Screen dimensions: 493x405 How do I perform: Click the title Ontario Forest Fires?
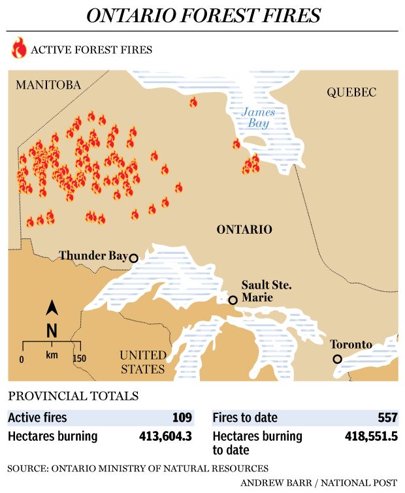pyautogui.click(x=203, y=15)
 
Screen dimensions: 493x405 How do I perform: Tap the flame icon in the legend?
pyautogui.click(x=20, y=49)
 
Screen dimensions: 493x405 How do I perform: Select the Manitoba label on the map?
pyautogui.click(x=48, y=86)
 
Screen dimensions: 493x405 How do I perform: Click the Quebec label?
pyautogui.click(x=351, y=93)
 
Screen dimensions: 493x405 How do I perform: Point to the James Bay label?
pyautogui.click(x=258, y=118)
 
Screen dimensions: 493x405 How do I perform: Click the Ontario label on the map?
pyautogui.click(x=244, y=229)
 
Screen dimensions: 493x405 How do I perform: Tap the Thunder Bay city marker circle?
pyautogui.click(x=134, y=258)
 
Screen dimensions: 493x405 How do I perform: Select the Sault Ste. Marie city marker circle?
pyautogui.click(x=232, y=300)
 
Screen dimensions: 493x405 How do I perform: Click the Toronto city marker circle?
pyautogui.click(x=337, y=358)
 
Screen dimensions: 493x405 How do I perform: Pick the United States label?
pyautogui.click(x=142, y=362)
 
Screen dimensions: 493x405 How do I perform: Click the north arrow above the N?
pyautogui.click(x=52, y=308)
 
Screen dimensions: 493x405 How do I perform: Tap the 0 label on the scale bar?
pyautogui.click(x=22, y=359)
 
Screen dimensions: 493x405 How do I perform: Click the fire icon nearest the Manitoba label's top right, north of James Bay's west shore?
pyautogui.click(x=193, y=102)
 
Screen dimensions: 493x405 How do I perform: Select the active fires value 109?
pyautogui.click(x=182, y=417)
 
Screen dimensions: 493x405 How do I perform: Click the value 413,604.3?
pyautogui.click(x=166, y=436)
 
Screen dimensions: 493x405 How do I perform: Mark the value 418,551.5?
pyautogui.click(x=371, y=436)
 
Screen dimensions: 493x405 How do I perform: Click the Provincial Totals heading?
pyautogui.click(x=73, y=396)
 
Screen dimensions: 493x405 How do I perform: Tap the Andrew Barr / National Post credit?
pyautogui.click(x=318, y=483)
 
